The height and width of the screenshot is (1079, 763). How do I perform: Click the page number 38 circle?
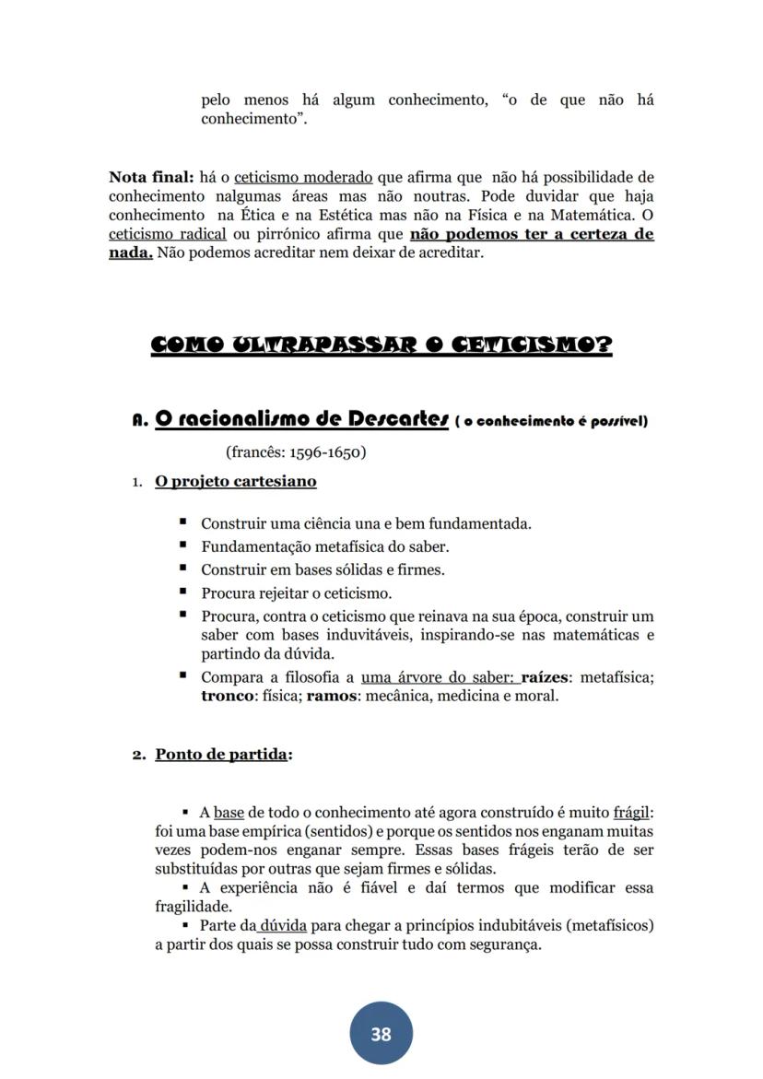point(381,1034)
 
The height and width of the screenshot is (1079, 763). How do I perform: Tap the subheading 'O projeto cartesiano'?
point(235,481)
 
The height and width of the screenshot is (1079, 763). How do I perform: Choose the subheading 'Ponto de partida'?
point(221,754)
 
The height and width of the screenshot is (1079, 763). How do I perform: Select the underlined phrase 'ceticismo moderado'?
point(303,176)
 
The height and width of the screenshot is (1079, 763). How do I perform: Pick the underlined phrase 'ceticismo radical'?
point(167,234)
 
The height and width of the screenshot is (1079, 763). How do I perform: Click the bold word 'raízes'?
point(545,677)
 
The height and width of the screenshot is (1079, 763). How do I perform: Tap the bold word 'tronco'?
point(227,696)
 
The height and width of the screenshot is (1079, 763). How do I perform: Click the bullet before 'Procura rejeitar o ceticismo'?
point(183,592)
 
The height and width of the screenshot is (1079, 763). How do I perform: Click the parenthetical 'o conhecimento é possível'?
point(552,422)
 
